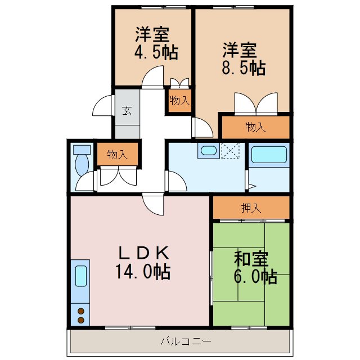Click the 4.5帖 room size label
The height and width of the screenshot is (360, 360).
tap(156, 52)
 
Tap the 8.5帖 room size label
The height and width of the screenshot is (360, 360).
tap(244, 68)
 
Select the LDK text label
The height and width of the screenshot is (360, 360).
tap(144, 253)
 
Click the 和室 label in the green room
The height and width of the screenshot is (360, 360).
tap(251, 259)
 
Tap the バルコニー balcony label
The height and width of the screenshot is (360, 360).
tap(186, 341)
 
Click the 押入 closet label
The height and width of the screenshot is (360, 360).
tap(251, 208)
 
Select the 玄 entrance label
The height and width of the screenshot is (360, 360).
tap(127, 110)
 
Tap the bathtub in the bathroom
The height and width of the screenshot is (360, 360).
tap(269, 155)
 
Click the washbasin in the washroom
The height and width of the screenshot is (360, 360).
tap(209, 151)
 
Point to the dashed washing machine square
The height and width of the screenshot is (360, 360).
tap(230, 151)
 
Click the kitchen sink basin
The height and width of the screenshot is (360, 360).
tap(81, 276)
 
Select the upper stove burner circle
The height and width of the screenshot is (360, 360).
tap(81, 311)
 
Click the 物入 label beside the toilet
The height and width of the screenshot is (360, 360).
tap(118, 155)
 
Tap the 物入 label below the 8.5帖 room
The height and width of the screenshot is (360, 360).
tap(255, 127)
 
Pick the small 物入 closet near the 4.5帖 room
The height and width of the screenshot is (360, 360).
tap(180, 101)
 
